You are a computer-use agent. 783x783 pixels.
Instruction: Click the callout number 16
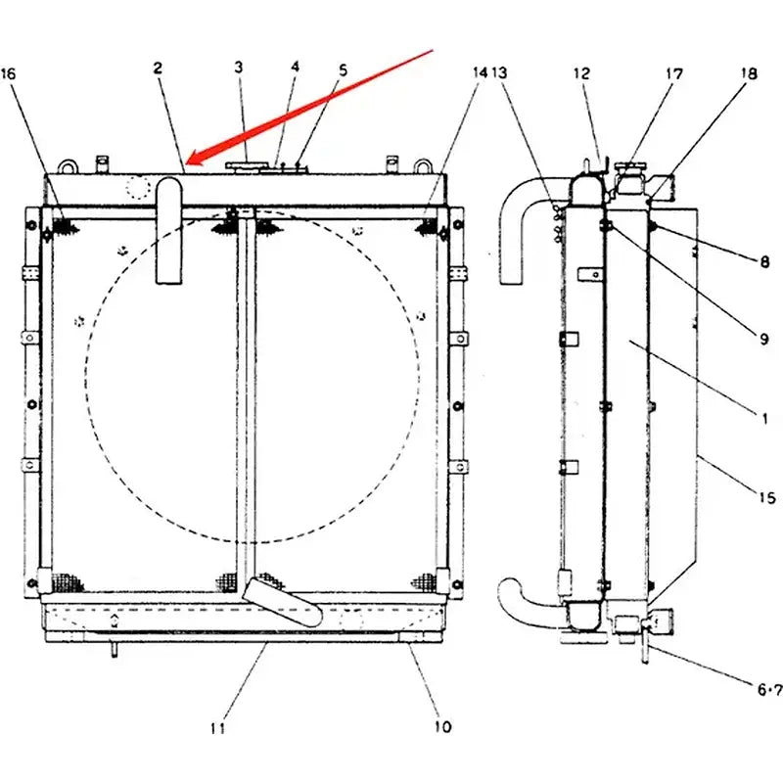pos(9,73)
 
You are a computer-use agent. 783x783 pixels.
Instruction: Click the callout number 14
pos(343,69)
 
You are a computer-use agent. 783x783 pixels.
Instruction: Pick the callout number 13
pos(500,73)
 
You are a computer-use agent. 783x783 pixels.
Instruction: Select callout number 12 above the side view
pos(581,72)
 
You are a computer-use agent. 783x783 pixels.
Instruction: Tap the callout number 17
pos(675,72)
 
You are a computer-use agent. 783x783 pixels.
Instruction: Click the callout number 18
pos(749,72)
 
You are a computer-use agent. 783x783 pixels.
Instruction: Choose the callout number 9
pos(762,340)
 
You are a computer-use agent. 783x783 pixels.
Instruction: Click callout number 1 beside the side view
pos(762,418)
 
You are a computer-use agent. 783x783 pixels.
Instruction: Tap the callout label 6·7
pos(768,689)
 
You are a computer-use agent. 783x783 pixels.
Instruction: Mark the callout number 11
pos(217,727)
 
